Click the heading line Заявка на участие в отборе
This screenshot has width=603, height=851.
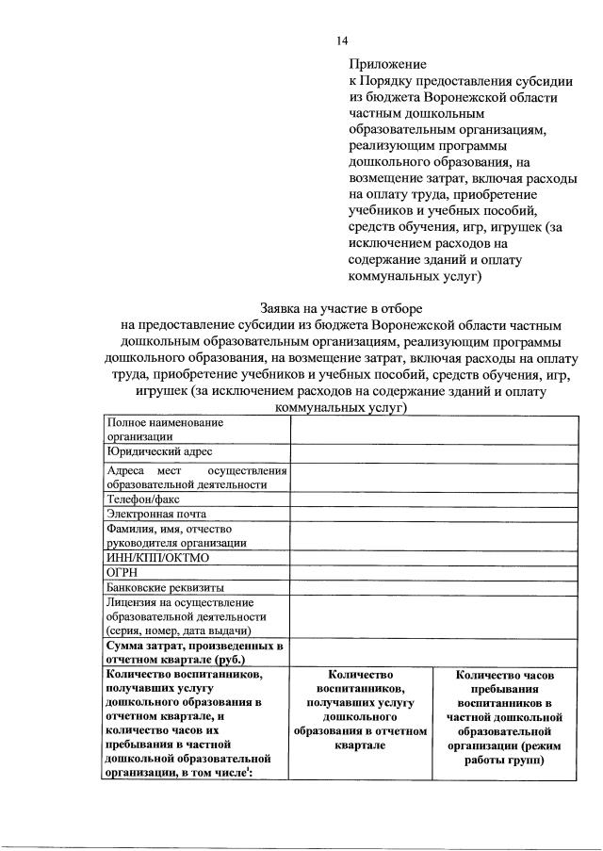point(342,308)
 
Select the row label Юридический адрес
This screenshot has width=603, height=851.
point(155,452)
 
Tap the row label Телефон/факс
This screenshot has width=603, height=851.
point(143,499)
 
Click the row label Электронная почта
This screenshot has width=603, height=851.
point(156,514)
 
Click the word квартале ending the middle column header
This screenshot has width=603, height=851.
point(359,745)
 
